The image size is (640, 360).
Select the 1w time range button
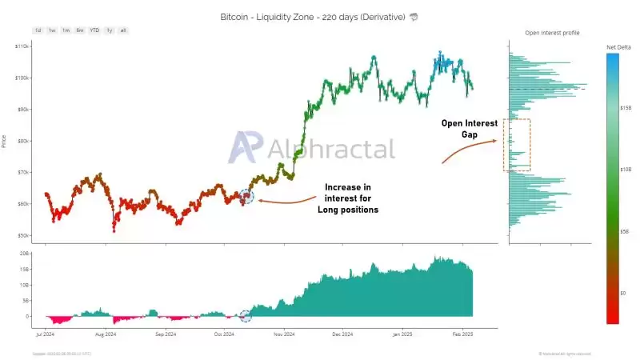pyautogui.click(x=52, y=30)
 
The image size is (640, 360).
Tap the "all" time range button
pyautogui.click(x=122, y=30)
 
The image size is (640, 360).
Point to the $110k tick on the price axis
pyautogui.click(x=22, y=46)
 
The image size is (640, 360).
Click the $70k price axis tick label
pyautogui.click(x=23, y=172)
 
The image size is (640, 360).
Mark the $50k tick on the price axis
pyautogui.click(x=23, y=235)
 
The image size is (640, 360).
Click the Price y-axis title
pyautogui.click(x=5, y=141)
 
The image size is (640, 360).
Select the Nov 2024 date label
pyautogui.click(x=284, y=333)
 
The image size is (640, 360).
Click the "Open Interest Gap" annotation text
pyautogui.click(x=470, y=129)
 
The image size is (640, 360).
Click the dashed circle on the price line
pyautogui.click(x=246, y=197)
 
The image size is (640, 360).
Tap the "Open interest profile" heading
pyautogui.click(x=552, y=33)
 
